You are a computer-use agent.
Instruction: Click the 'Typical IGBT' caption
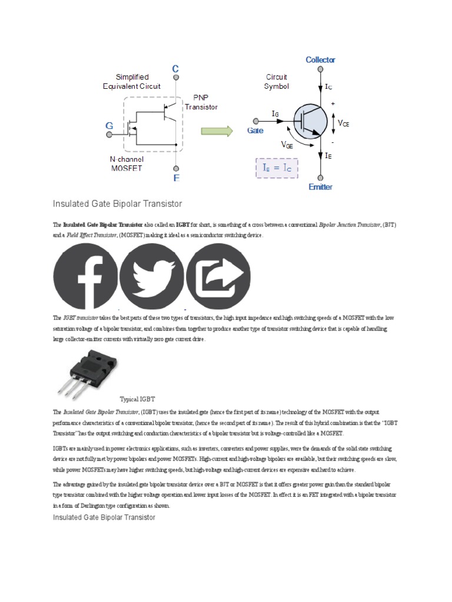coord(137,399)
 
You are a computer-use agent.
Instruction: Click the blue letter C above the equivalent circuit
coord(175,69)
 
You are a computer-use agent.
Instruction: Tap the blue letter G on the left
coord(109,125)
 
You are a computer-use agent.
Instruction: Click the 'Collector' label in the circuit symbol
coord(321,60)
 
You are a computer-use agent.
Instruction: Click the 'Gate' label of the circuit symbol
coord(255,131)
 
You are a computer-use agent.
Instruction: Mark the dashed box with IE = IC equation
coord(277,168)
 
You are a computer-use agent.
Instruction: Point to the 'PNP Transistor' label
coord(201,103)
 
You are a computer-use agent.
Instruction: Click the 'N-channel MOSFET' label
coord(127,164)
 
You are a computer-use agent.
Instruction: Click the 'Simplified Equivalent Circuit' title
coord(132,82)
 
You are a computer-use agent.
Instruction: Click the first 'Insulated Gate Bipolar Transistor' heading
coord(117,204)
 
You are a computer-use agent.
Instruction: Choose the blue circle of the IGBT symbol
coord(310,122)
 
